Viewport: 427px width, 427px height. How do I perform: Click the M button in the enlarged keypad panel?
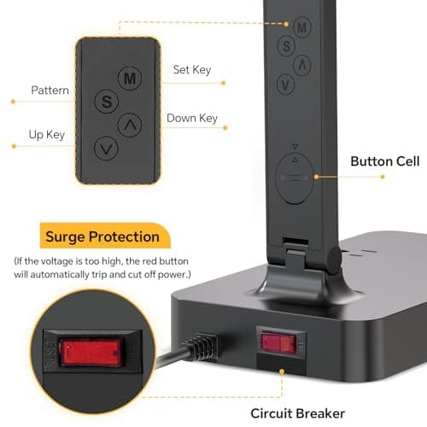130,79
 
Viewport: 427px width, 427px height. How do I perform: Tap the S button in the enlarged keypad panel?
107,101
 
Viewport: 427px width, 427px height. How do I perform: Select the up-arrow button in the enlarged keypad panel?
130,125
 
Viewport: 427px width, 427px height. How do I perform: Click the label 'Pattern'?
50,90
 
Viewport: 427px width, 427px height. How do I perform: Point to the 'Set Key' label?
192,70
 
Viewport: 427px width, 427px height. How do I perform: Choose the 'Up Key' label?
48,133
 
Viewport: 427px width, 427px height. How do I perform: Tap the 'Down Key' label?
192,119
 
